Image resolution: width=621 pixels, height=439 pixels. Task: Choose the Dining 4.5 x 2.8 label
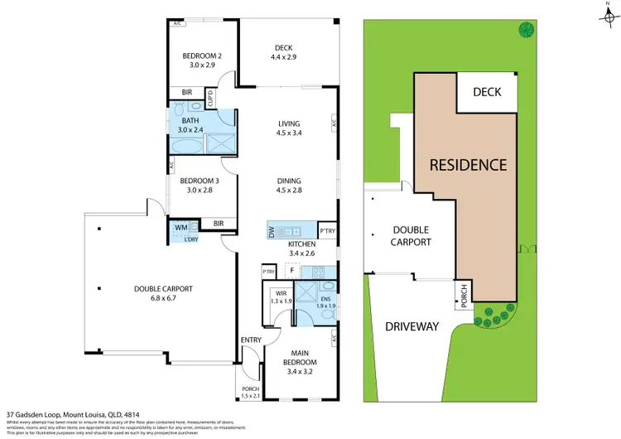click(x=289, y=186)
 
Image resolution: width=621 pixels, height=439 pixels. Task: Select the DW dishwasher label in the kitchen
click(x=272, y=233)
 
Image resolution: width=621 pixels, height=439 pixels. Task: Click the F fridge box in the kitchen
click(x=291, y=269)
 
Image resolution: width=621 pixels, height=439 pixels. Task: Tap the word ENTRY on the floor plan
click(x=250, y=340)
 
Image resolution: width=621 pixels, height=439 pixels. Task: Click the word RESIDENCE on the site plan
click(x=468, y=165)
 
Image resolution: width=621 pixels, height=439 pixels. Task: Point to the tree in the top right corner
click(x=525, y=31)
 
